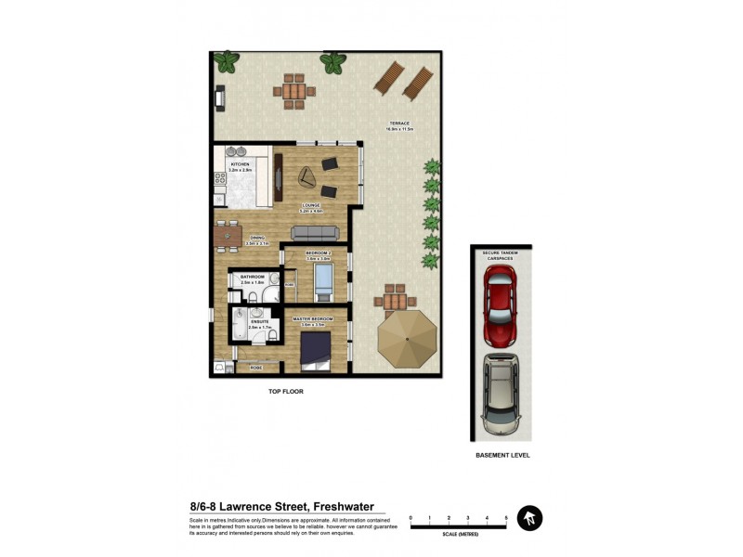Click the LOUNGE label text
tap(310, 206)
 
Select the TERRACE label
tap(399, 124)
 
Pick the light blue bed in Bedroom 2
tap(324, 278)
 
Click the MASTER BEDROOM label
tap(313, 318)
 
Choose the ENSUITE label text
tap(246, 323)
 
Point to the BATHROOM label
tap(253, 278)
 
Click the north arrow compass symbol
tap(529, 518)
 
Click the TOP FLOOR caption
tap(286, 392)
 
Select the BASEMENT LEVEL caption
tap(502, 456)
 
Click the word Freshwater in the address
tap(345, 507)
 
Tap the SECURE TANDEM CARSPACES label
tap(500, 254)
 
